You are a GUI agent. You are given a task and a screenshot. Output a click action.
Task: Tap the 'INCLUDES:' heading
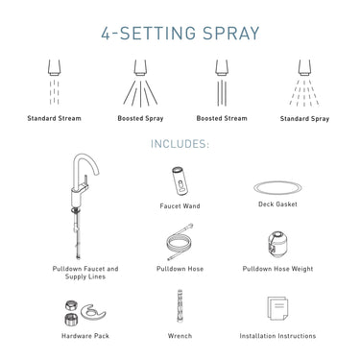[180, 145]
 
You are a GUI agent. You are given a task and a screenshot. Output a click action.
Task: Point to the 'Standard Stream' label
[54, 119]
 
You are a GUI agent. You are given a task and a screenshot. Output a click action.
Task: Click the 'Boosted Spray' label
[138, 119]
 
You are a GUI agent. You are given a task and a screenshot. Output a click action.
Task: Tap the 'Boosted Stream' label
[222, 119]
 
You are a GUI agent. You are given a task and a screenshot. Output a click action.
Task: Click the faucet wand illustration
[180, 181]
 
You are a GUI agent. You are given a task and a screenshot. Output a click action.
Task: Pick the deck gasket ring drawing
[279, 187]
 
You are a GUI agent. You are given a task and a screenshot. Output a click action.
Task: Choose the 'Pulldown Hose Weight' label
[278, 269]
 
